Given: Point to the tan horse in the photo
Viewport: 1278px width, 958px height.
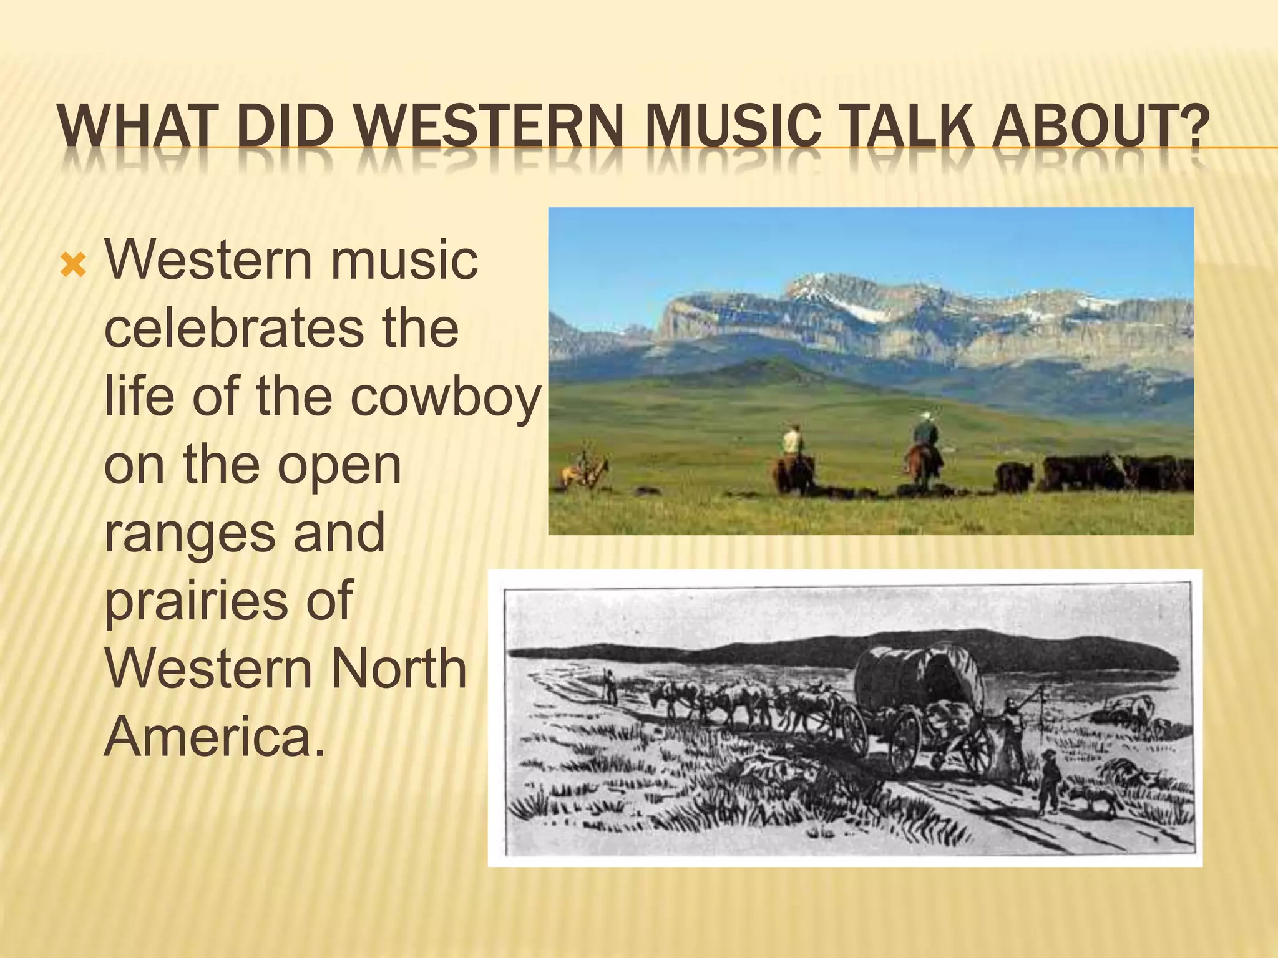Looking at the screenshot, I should [x=583, y=473].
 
